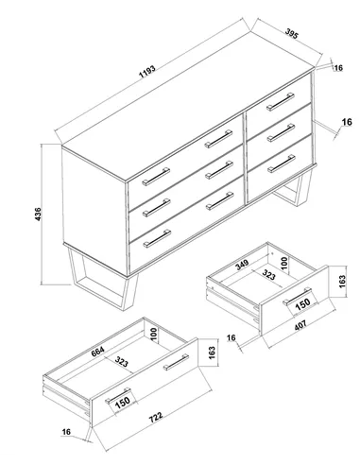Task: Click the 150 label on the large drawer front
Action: [x=123, y=402]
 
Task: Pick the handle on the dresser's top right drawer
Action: [x=277, y=102]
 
